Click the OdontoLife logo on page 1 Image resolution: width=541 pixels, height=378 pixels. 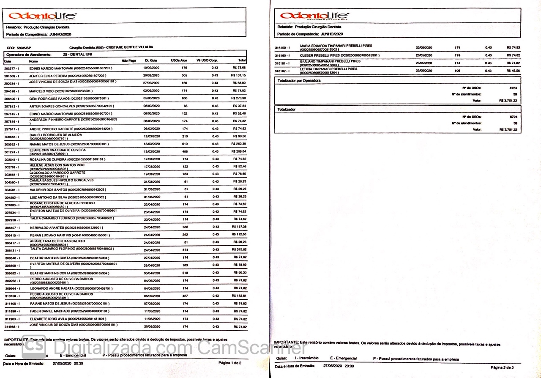point(43,16)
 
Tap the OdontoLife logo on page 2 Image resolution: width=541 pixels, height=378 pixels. point(314,16)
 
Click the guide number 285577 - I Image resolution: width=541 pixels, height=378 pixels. point(13,68)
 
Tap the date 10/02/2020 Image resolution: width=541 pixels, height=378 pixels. point(151,68)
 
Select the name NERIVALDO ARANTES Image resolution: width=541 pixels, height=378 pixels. point(46,227)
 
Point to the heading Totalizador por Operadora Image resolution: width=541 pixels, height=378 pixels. point(299,80)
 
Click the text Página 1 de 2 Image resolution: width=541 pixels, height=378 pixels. point(230,363)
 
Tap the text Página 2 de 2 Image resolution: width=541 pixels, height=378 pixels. point(502,367)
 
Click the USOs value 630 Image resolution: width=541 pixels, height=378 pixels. point(184,98)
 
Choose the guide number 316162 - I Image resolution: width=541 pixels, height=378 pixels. point(282,71)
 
